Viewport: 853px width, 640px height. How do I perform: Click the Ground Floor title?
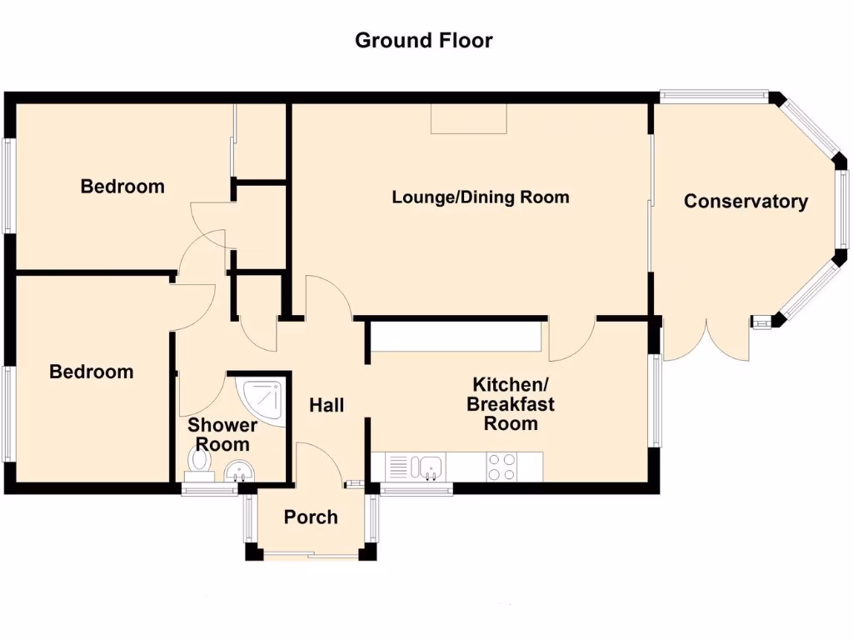(423, 40)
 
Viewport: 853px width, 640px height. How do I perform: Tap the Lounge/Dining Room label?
(481, 197)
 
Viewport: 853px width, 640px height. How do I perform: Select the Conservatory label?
(746, 201)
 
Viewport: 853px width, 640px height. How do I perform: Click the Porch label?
(311, 517)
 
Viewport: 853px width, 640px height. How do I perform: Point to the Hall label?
(327, 405)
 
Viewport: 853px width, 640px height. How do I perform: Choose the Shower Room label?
(222, 434)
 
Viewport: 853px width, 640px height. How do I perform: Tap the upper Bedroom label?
(122, 186)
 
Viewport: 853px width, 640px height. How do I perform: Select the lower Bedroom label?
(92, 372)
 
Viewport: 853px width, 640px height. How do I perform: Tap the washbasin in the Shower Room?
(240, 472)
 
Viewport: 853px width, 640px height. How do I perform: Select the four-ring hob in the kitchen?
(501, 467)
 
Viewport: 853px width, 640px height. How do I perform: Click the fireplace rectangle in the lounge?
(468, 118)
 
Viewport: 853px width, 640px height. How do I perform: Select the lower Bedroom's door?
(194, 307)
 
